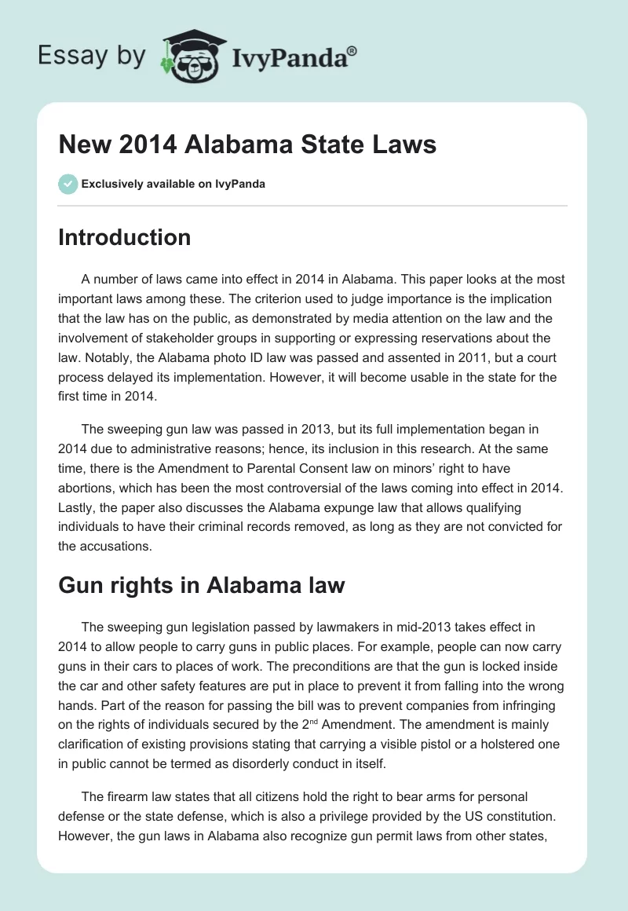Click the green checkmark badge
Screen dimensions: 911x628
click(68, 184)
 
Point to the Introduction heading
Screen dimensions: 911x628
click(124, 237)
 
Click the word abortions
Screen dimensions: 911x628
click(86, 488)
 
